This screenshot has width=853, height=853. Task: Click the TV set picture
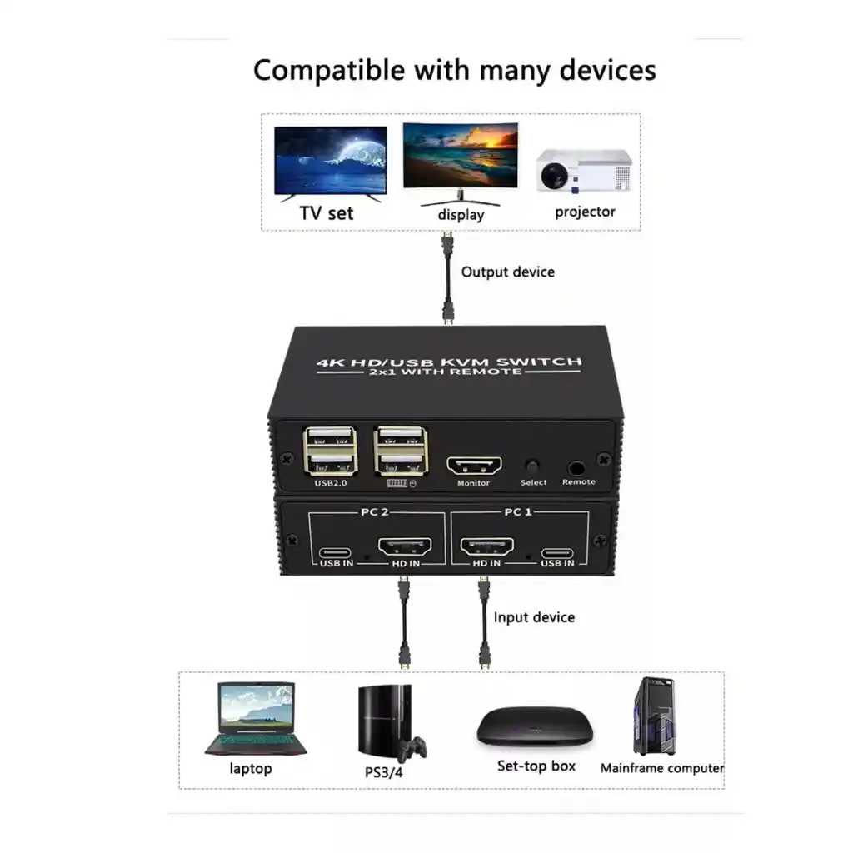point(331,162)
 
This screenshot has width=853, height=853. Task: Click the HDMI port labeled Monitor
point(474,465)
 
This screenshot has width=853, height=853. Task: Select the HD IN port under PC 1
point(487,548)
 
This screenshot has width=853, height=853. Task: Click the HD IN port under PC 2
point(405,548)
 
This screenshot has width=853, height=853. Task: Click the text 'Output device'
point(507,272)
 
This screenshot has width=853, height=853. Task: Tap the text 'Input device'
point(534,617)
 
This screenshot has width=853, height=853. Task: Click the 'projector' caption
point(585,212)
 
